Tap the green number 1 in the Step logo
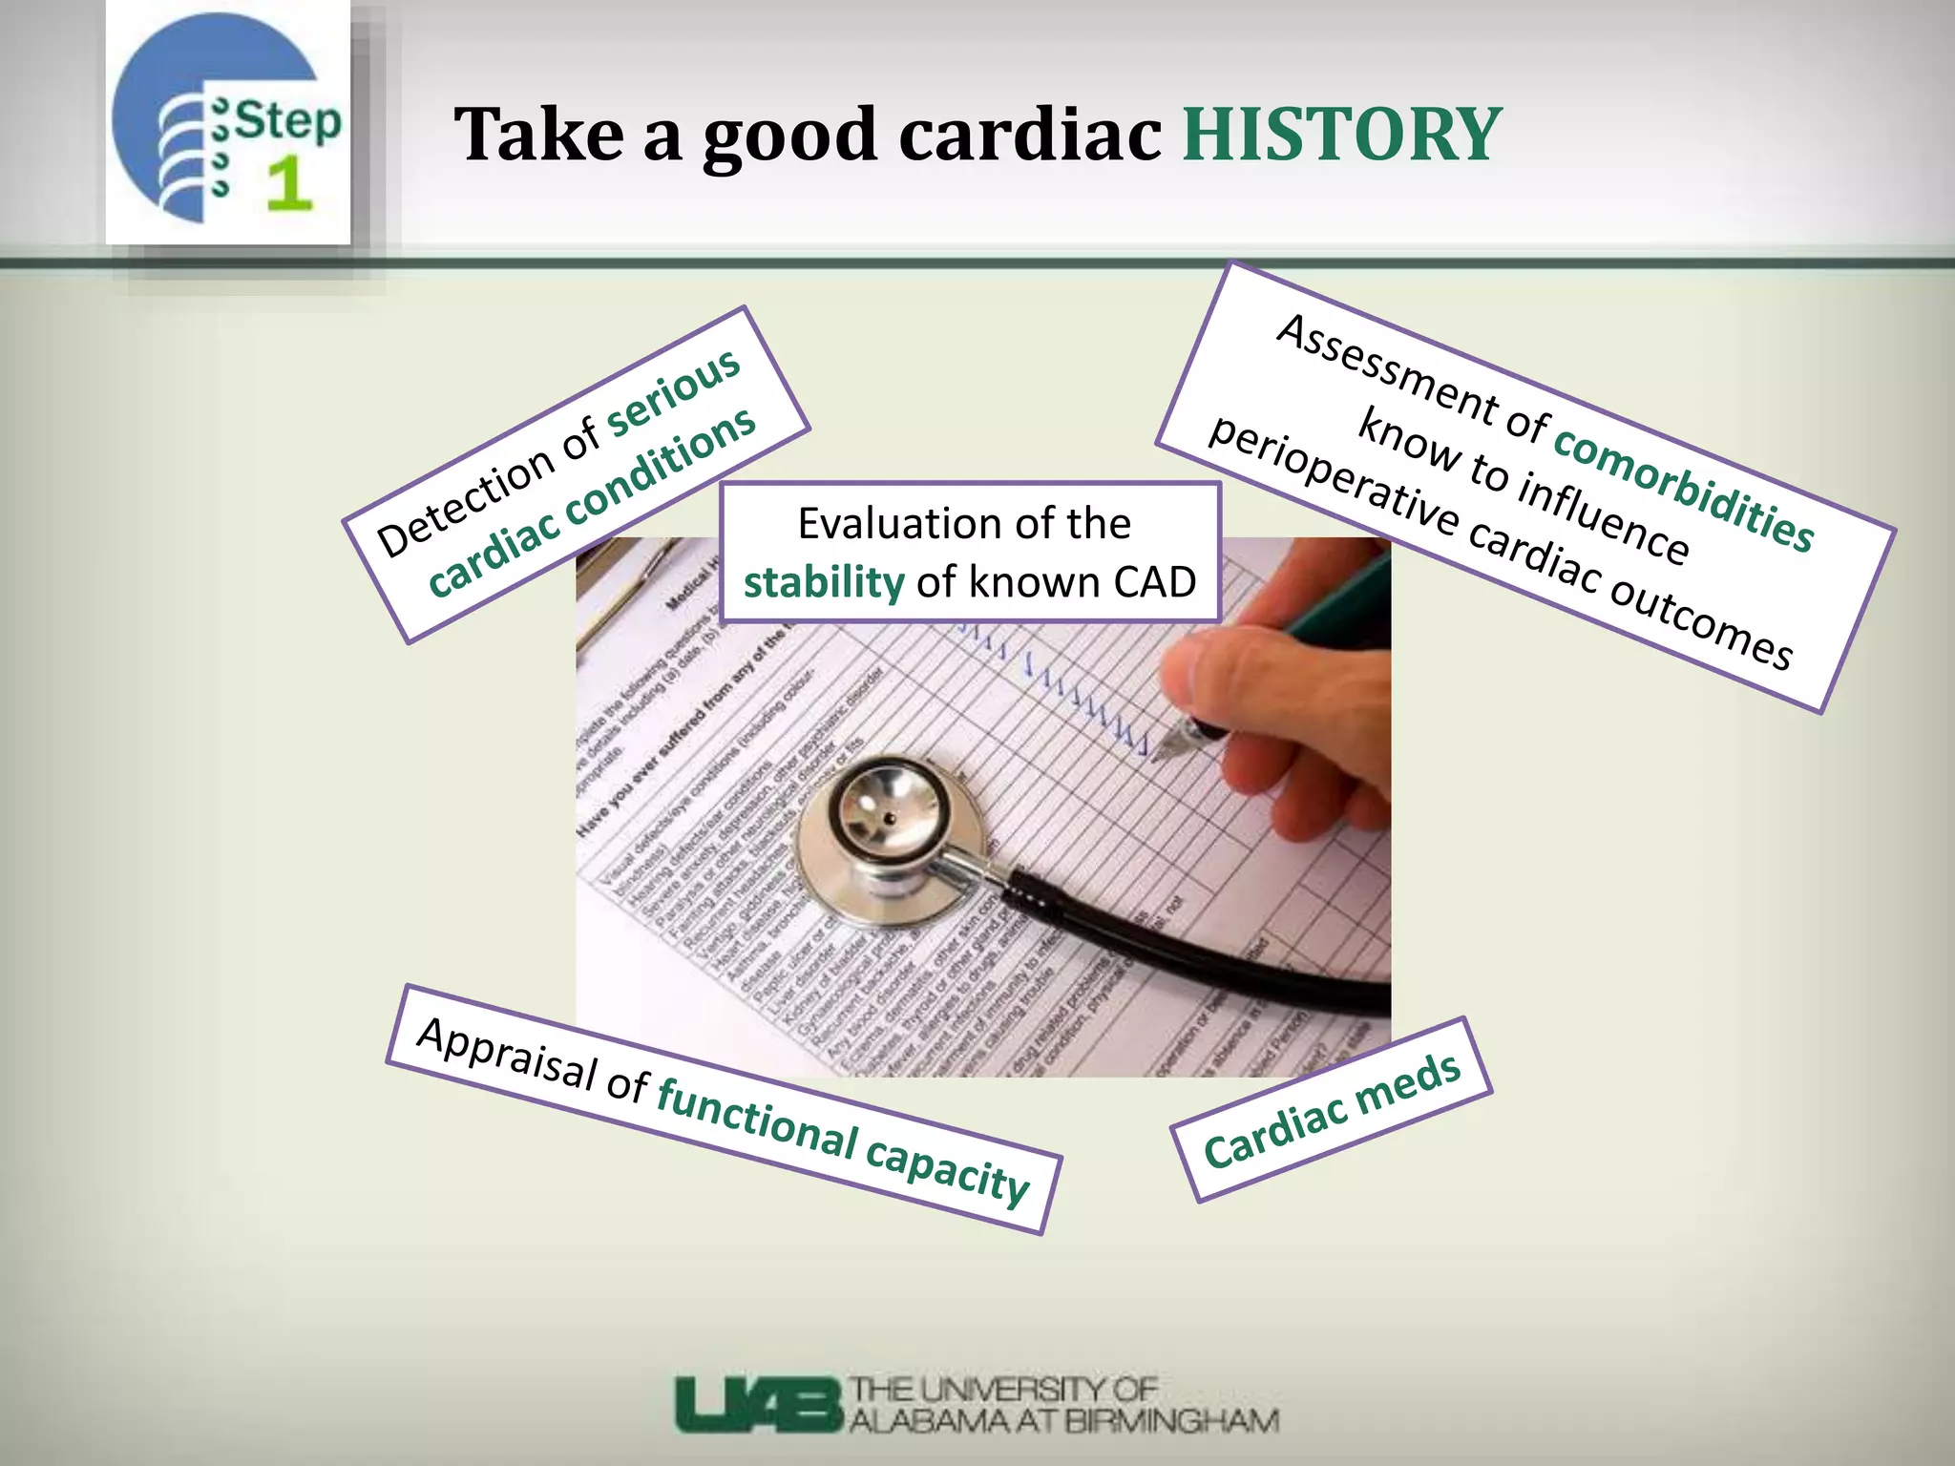tap(288, 184)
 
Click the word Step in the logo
tap(287, 122)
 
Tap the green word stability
tap(824, 582)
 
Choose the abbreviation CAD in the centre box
tap(1154, 582)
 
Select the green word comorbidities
tap(1684, 488)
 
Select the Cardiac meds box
tap(1332, 1109)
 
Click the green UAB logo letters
tap(759, 1403)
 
